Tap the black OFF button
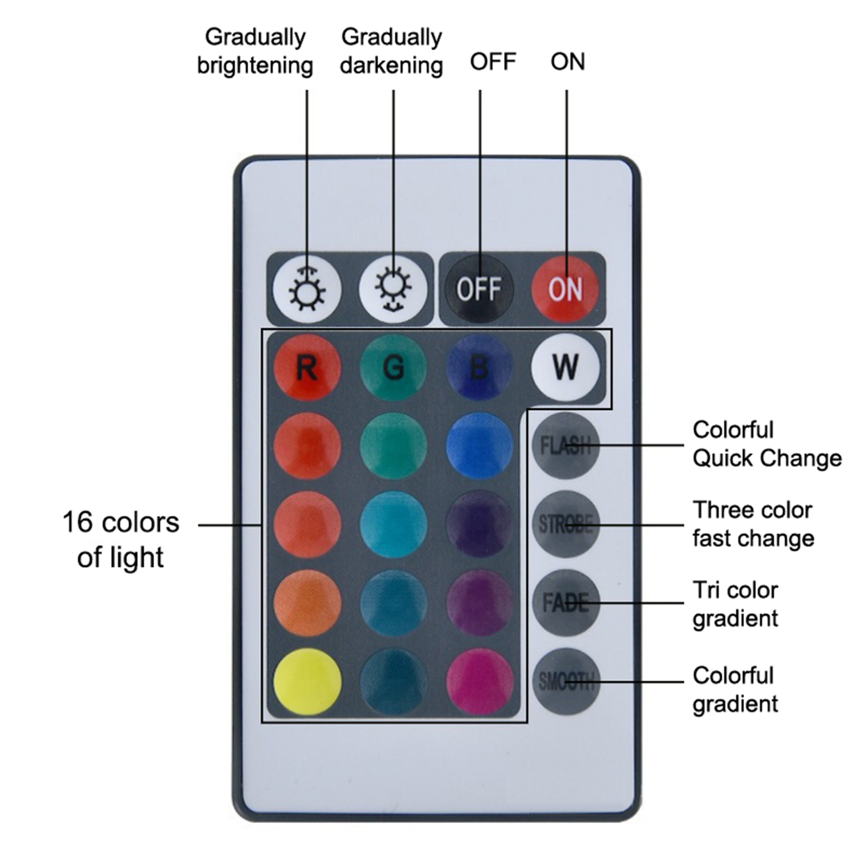[479, 288]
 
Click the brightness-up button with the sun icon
[307, 288]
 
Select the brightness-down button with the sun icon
[393, 288]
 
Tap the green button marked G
[393, 368]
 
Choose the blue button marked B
[480, 368]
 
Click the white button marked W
[566, 368]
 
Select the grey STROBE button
[566, 524]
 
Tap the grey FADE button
[566, 602]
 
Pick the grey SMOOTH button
[566, 681]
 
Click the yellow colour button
[307, 681]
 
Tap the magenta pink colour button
[480, 681]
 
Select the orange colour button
[307, 602]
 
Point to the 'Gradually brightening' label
[255, 51]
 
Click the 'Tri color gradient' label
[736, 604]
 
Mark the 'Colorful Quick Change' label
[767, 444]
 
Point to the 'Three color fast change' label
[753, 524]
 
